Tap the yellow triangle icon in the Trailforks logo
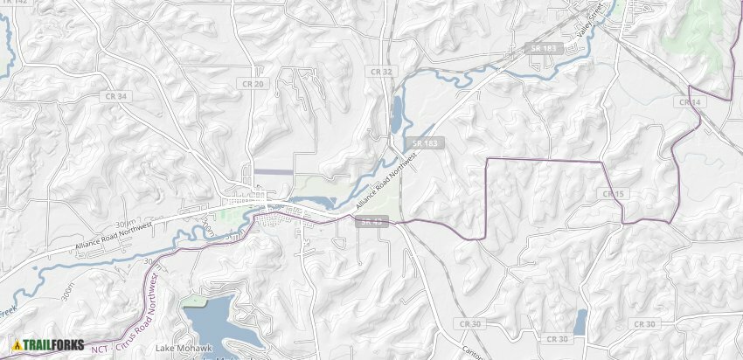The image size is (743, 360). [17, 345]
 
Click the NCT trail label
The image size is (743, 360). [100, 349]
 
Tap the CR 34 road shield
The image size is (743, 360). [115, 95]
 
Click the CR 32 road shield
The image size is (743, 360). [381, 72]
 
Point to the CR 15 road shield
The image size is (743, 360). [613, 193]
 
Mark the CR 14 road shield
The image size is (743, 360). [689, 102]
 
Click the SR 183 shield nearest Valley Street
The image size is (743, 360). [543, 47]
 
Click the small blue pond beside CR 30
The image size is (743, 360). [580, 322]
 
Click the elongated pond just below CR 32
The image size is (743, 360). [396, 113]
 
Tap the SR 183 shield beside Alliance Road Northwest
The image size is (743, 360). [426, 142]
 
